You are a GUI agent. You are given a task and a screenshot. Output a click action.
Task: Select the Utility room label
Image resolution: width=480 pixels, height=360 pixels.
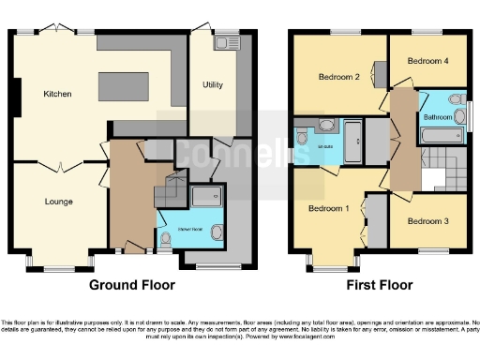coord(213,84)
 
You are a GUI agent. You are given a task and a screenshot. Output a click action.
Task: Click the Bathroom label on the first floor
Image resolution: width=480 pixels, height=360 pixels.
coord(436,118)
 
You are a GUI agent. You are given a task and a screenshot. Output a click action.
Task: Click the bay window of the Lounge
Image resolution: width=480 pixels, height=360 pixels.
coord(58,262)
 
